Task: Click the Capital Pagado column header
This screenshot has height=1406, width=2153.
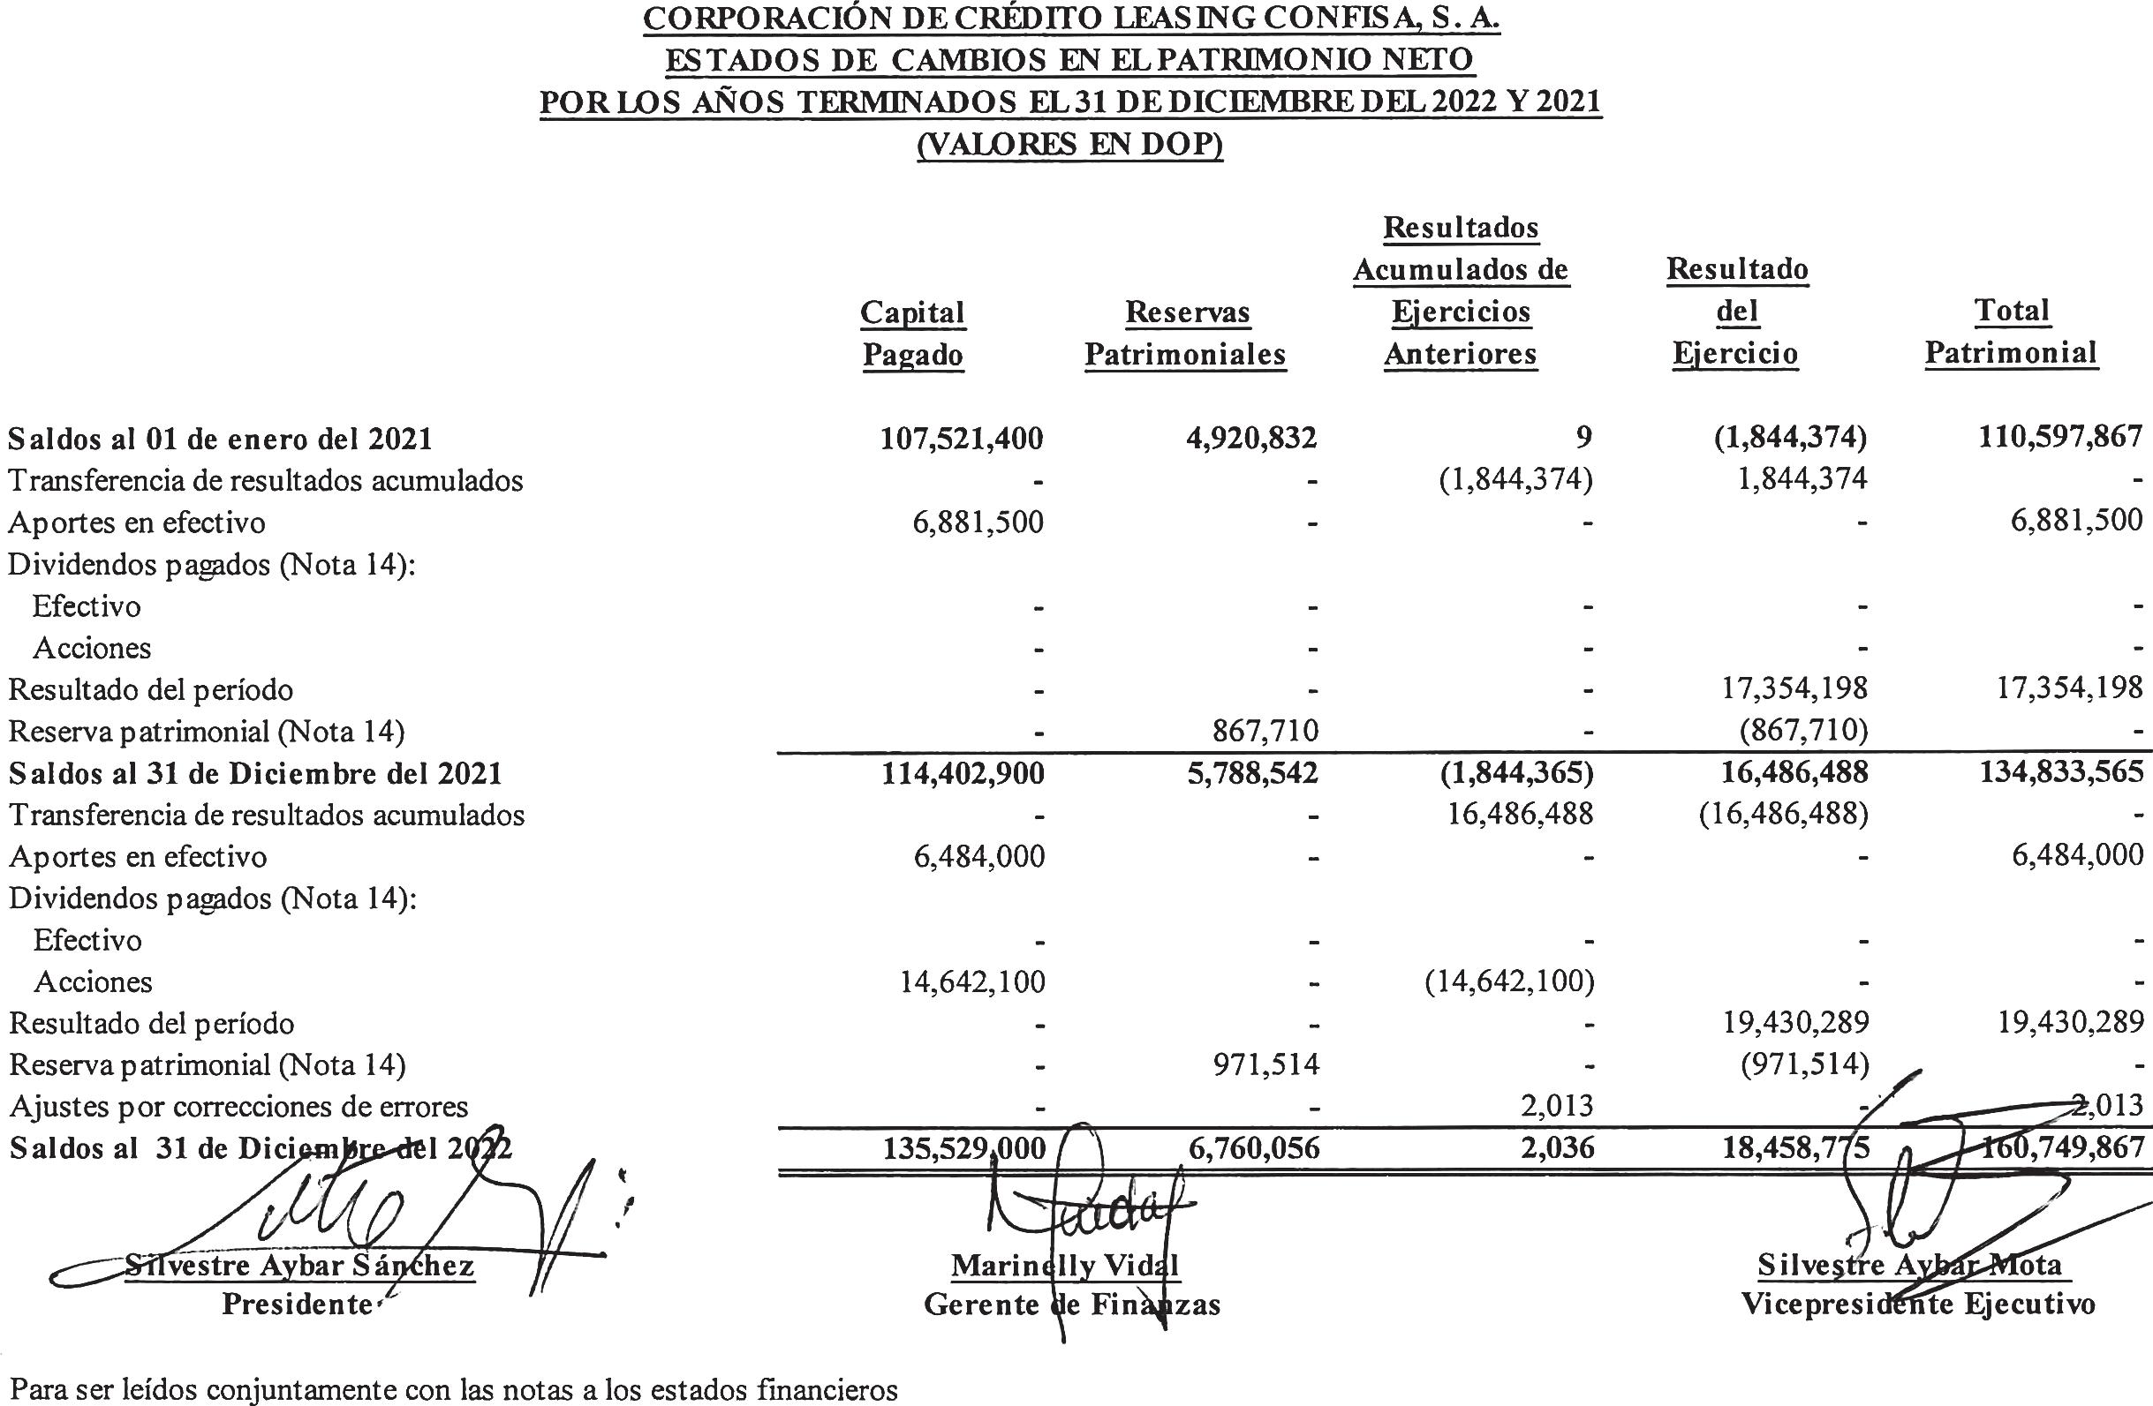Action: [x=913, y=333]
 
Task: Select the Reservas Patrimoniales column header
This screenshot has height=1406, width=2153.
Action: [x=1185, y=333]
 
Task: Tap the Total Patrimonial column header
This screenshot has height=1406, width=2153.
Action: [x=2010, y=331]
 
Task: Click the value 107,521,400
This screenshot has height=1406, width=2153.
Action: [x=962, y=439]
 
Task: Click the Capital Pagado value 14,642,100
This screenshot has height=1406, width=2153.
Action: [x=972, y=982]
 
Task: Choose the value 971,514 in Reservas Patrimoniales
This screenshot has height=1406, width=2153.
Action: [x=1265, y=1065]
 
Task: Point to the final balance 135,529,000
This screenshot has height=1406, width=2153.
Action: [x=963, y=1148]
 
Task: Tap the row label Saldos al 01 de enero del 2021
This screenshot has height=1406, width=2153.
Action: [x=221, y=439]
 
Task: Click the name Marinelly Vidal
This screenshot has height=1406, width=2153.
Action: [x=1065, y=1265]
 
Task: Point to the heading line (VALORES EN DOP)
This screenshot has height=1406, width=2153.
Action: [x=1070, y=145]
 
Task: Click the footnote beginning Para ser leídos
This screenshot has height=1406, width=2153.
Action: [x=453, y=1389]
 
